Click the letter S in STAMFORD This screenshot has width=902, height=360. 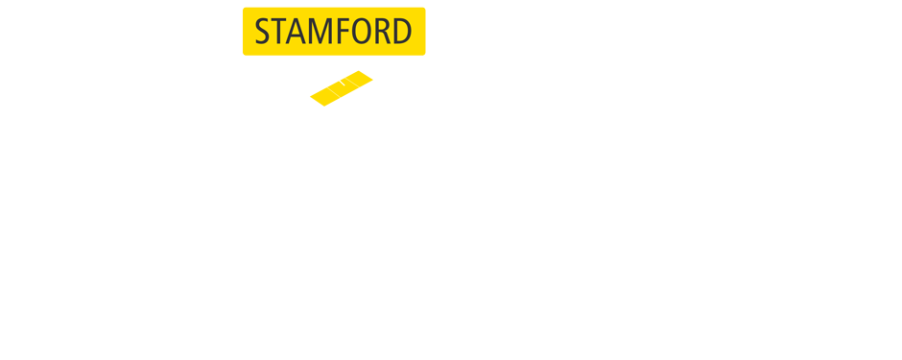(264, 32)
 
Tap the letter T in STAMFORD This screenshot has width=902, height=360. (282, 32)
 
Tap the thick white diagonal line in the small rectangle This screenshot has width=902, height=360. (337, 79)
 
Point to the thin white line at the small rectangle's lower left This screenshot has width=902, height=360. (333, 93)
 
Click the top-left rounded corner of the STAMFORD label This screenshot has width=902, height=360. (245, 10)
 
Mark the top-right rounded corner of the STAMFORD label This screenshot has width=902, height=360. (423, 10)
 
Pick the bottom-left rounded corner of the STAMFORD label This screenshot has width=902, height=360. (245, 53)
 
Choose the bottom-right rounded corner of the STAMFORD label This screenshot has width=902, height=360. (423, 53)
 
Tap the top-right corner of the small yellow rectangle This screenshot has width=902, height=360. (372, 71)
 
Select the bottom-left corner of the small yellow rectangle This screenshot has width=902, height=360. (310, 106)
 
